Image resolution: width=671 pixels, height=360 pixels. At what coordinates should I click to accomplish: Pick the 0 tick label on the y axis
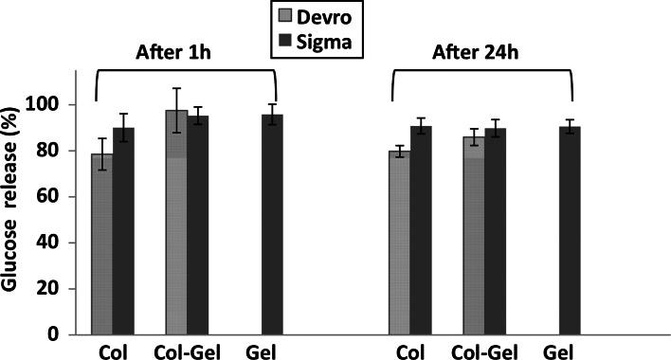tap(55, 334)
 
